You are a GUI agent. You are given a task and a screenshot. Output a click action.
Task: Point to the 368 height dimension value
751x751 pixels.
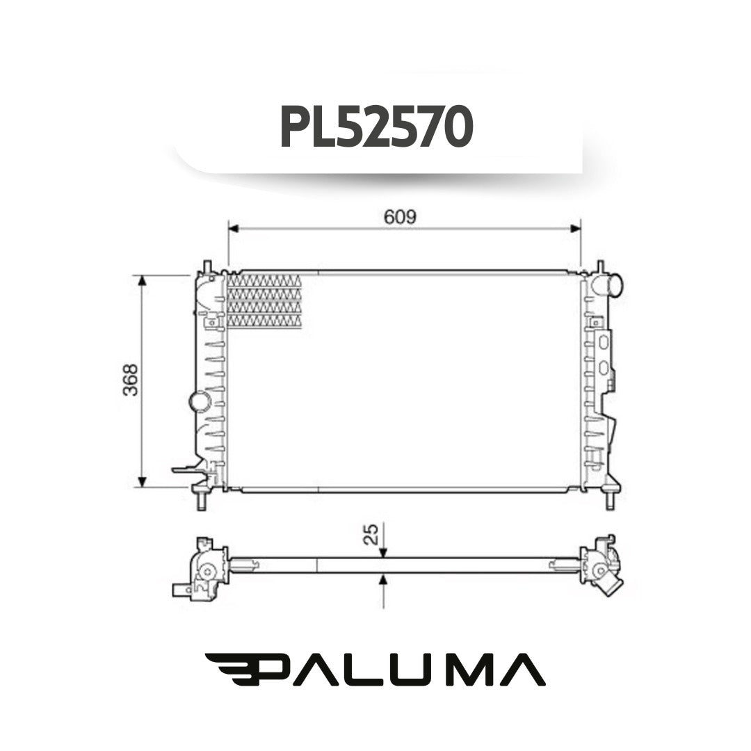pyautogui.click(x=130, y=380)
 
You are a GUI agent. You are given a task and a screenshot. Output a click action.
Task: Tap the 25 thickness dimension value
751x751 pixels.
pyautogui.click(x=372, y=534)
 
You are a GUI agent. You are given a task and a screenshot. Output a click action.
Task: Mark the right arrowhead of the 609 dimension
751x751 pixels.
pyautogui.click(x=575, y=228)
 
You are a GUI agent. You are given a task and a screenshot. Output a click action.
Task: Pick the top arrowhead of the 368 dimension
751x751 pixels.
pyautogui.click(x=142, y=280)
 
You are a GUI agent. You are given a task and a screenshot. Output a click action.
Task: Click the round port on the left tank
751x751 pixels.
pyautogui.click(x=200, y=401)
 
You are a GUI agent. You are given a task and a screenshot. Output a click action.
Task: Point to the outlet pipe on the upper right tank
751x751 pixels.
pyautogui.click(x=613, y=284)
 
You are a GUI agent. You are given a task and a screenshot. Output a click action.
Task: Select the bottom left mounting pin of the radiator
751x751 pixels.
pyautogui.click(x=202, y=500)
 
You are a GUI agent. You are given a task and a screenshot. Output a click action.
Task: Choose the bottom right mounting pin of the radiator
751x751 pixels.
pyautogui.click(x=610, y=500)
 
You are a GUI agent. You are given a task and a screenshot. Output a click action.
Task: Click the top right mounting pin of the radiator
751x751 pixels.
pyautogui.click(x=600, y=267)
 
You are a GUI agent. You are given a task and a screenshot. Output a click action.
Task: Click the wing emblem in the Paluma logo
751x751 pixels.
pyautogui.click(x=234, y=669)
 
